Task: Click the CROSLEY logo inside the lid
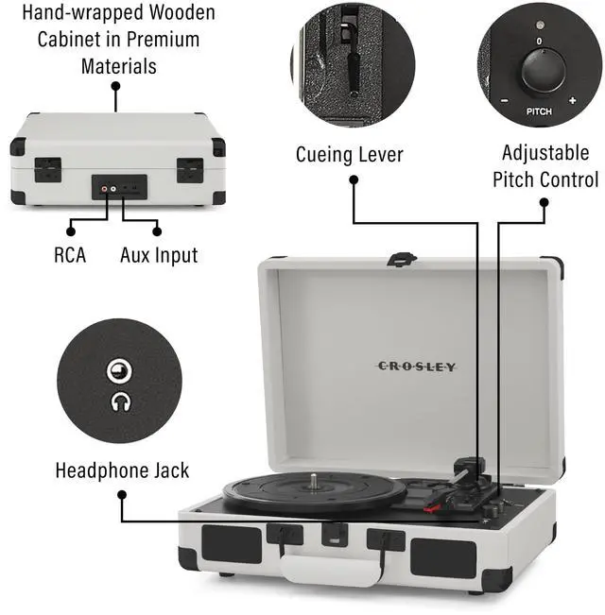(417, 366)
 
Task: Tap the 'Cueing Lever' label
(349, 155)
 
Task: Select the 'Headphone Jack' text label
(122, 470)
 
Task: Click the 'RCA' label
(70, 254)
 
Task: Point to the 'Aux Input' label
(159, 254)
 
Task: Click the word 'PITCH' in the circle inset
(539, 111)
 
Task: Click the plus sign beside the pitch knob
(572, 100)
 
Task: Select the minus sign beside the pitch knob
(506, 100)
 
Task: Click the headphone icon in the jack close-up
(120, 401)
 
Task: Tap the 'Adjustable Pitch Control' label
(545, 166)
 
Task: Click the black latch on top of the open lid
(402, 257)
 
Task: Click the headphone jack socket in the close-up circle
(119, 369)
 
